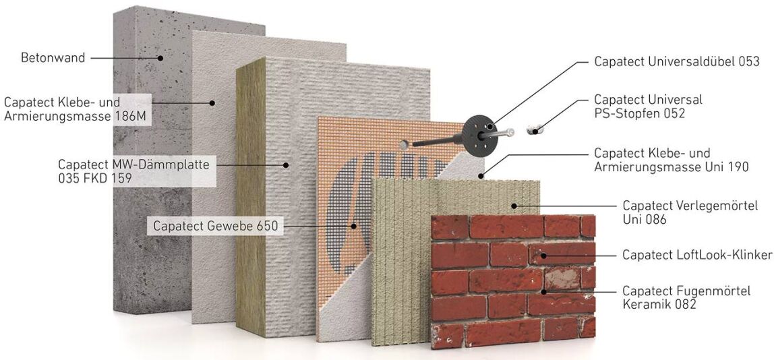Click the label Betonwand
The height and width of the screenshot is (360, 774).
(x=53, y=58)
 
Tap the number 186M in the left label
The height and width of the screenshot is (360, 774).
(x=131, y=117)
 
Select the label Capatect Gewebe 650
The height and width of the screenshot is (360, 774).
(x=216, y=226)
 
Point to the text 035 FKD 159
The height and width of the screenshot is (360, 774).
(x=95, y=178)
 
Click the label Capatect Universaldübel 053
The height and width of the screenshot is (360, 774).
(x=677, y=62)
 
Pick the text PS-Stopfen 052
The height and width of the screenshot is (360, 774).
(x=640, y=113)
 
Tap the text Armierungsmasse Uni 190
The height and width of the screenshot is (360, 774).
(x=672, y=167)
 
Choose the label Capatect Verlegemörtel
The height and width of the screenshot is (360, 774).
(x=690, y=206)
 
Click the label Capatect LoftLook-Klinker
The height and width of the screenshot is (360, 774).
(x=697, y=255)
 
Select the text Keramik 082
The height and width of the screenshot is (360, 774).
(x=659, y=305)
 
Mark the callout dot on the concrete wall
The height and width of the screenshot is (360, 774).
(x=160, y=58)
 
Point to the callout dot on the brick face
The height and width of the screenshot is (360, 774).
(x=543, y=256)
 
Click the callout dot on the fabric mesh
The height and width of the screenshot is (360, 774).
(x=354, y=226)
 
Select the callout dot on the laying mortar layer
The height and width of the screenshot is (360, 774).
(x=513, y=206)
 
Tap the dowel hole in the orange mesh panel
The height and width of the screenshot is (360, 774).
(x=404, y=145)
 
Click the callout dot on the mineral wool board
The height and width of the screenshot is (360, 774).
(x=285, y=165)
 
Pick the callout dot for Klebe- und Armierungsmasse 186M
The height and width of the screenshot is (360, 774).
(x=212, y=103)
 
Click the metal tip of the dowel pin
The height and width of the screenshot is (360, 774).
(x=510, y=132)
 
